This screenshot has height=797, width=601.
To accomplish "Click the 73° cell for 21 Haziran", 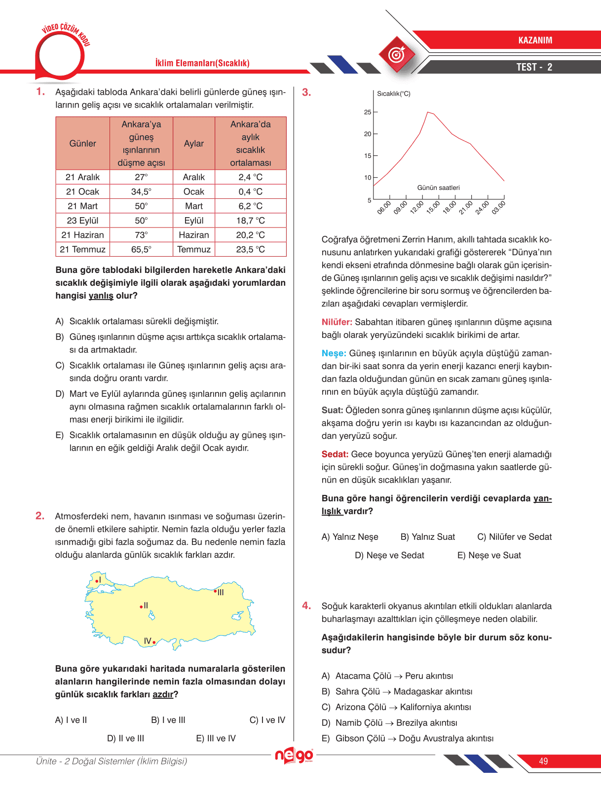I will pyautogui.click(x=141, y=235).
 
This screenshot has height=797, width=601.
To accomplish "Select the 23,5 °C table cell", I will pyautogui.click(x=250, y=249).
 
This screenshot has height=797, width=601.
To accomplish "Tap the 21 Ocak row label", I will pyautogui.click(x=82, y=191).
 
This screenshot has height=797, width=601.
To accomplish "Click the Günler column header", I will pyautogui.click(x=82, y=144).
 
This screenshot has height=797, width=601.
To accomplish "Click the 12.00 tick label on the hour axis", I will pyautogui.click(x=417, y=207).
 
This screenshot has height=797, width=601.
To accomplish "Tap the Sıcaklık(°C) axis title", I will pyautogui.click(x=393, y=94).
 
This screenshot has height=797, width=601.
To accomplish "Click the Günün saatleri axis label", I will pyautogui.click(x=438, y=188).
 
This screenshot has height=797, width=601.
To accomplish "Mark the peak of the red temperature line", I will pyautogui.click(x=428, y=113).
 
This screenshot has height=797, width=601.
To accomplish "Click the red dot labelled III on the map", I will pyautogui.click(x=215, y=591).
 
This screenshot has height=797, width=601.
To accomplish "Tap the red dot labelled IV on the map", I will pyautogui.click(x=154, y=642).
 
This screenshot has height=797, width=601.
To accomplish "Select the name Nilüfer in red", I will pyautogui.click(x=337, y=322).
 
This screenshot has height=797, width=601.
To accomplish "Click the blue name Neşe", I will pyautogui.click(x=334, y=353).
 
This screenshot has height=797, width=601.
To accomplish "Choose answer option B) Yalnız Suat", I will pyautogui.click(x=427, y=537).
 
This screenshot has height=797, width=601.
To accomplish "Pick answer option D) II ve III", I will pyautogui.click(x=125, y=738).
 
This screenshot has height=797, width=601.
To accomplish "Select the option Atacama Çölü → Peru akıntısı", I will pyautogui.click(x=394, y=676).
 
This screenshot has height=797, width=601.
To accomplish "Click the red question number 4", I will pyautogui.click(x=306, y=606).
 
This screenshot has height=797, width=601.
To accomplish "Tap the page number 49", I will pyautogui.click(x=543, y=761).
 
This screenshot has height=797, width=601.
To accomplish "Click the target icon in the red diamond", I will pyautogui.click(x=397, y=55).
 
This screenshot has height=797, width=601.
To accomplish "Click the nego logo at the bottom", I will pyautogui.click(x=294, y=756).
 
